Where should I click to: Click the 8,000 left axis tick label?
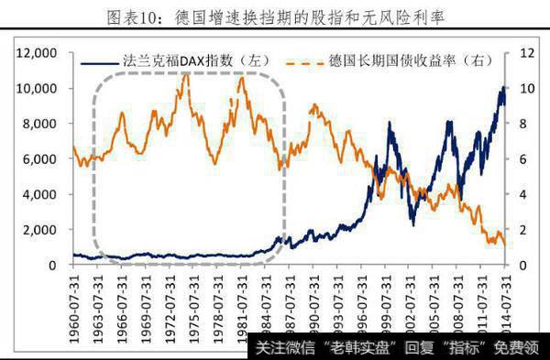[42, 124]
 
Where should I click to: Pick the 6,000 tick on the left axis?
[42, 159]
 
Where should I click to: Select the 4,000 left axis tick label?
[42, 195]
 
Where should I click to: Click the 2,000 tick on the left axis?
[42, 230]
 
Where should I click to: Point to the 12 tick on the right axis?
[522, 53]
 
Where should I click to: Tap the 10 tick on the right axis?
[522, 89]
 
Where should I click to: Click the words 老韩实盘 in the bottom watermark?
[348, 347]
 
